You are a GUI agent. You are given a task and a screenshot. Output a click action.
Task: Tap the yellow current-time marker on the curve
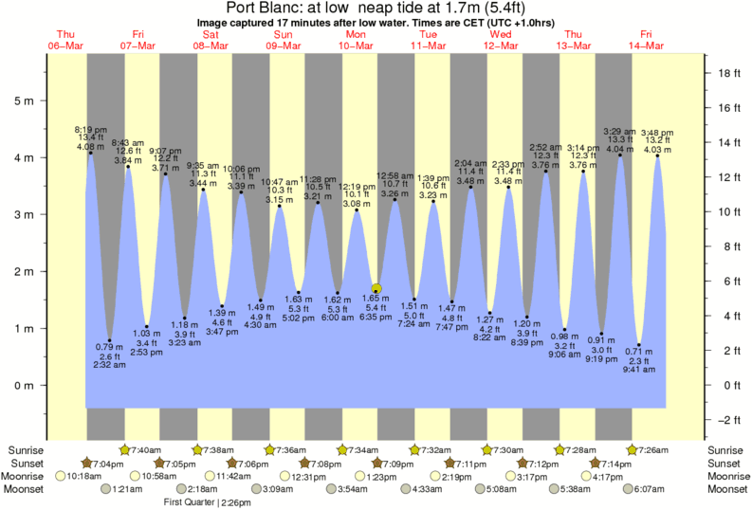(x=376, y=289)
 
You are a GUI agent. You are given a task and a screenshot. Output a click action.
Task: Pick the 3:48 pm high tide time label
(x=658, y=132)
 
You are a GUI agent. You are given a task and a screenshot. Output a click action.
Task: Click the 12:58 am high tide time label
(x=394, y=176)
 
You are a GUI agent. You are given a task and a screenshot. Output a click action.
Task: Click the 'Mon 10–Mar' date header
(x=356, y=40)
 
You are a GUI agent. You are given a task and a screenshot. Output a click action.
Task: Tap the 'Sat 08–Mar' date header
(x=211, y=40)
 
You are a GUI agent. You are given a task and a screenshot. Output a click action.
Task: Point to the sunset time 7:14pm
(x=617, y=463)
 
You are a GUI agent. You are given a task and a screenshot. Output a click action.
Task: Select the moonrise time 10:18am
(x=86, y=476)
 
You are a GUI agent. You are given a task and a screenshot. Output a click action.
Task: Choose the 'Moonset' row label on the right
(x=729, y=489)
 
